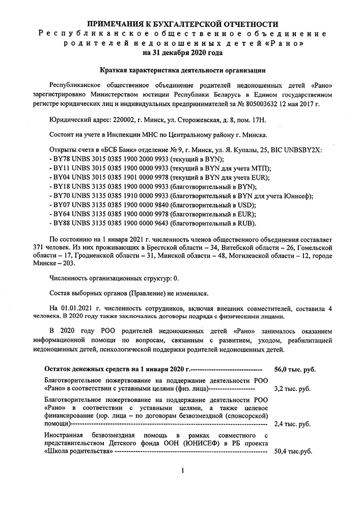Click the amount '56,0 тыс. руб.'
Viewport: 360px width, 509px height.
(x=295, y=370)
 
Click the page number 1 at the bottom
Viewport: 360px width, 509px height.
(x=182, y=471)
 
